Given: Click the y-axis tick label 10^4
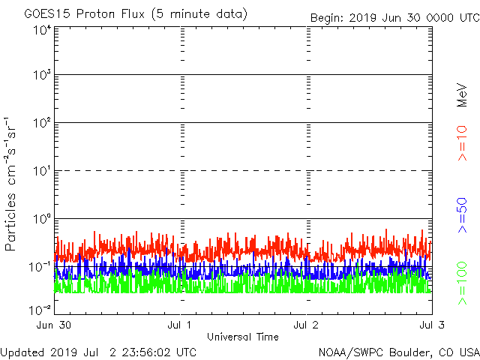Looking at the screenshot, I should click(42, 31).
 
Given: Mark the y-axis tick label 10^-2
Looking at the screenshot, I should click(40, 308).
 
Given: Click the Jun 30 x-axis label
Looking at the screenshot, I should click(54, 325).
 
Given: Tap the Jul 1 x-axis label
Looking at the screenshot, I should click(181, 325).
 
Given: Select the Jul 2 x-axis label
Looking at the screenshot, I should click(307, 325).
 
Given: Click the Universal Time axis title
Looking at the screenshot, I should click(242, 337).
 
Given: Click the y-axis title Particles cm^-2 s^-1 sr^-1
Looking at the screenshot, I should click(13, 184).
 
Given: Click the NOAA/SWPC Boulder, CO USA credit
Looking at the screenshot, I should click(398, 352).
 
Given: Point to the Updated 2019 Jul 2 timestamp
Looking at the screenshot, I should click(99, 352).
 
